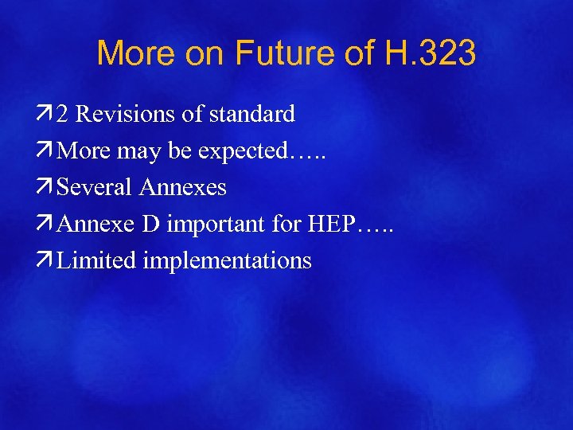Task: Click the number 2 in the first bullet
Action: (x=62, y=115)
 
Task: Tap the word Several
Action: (x=95, y=188)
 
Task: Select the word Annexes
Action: (x=182, y=188)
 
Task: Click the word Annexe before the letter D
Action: (x=97, y=225)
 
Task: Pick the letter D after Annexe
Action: (x=151, y=225)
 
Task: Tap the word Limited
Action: (x=97, y=260)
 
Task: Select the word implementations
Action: (x=227, y=261)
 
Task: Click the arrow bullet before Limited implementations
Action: (x=47, y=260)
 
